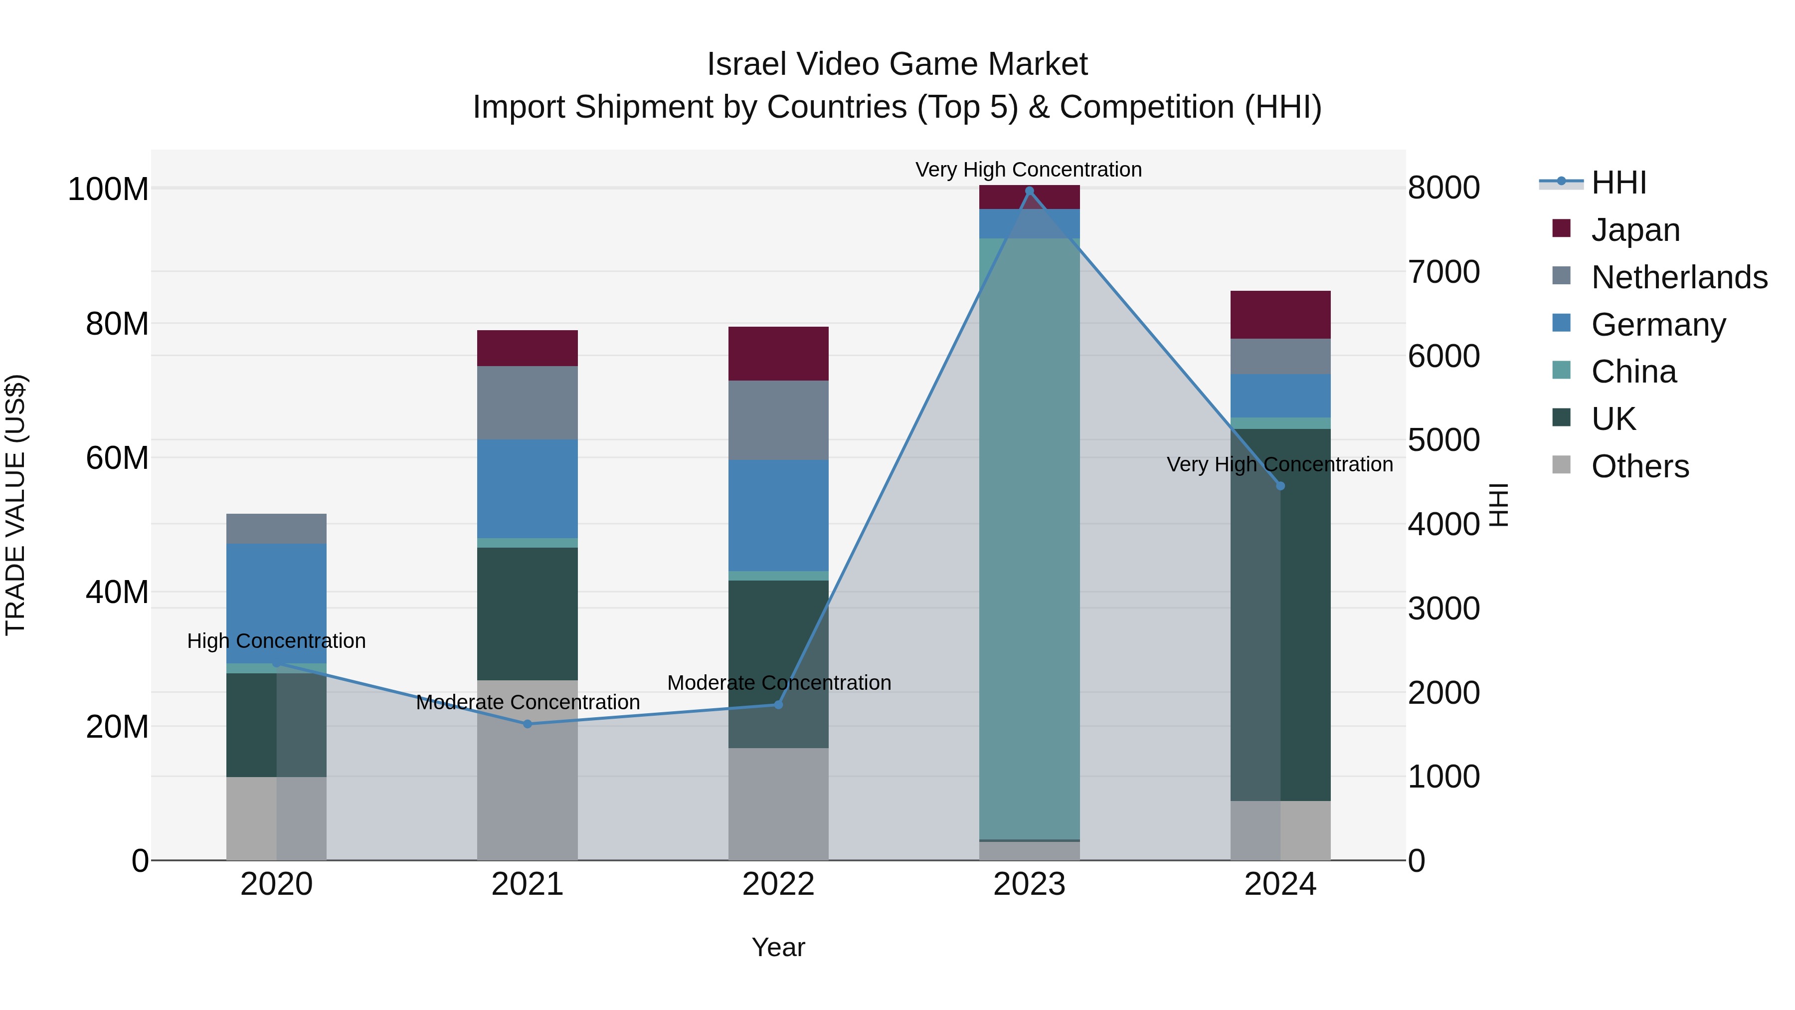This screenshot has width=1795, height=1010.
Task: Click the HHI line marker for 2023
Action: coord(1029,191)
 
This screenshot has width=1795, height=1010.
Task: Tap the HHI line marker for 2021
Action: coord(528,724)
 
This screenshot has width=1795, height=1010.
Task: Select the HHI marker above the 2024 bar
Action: coord(1280,486)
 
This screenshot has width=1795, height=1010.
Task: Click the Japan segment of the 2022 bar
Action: coord(778,354)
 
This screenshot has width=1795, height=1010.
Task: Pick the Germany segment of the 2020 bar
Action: coord(277,603)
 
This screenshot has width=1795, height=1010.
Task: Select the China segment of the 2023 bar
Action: coord(1029,538)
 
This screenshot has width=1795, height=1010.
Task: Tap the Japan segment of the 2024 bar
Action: coord(1280,314)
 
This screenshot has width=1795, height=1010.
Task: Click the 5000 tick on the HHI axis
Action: coord(1443,440)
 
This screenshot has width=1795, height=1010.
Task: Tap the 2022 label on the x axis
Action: coord(778,884)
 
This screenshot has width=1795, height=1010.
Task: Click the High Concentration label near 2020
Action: coord(277,640)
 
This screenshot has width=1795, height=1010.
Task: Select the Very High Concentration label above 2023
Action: coord(1029,170)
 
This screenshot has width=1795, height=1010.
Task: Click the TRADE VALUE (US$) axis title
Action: coord(15,505)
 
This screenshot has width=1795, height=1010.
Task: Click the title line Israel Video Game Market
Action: coord(897,64)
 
